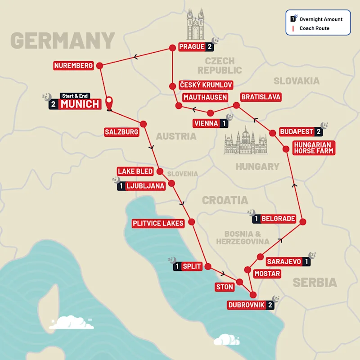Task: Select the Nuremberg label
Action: (73, 66)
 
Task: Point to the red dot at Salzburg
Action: (144, 124)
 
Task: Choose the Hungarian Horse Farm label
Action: (314, 148)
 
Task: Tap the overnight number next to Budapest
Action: (319, 132)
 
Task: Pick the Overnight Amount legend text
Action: (320, 19)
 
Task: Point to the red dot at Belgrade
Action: (303, 221)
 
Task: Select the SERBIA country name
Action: (315, 283)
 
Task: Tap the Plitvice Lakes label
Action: (158, 223)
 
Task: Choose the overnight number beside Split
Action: (177, 266)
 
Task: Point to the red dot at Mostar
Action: (247, 270)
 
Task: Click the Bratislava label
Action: (261, 97)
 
